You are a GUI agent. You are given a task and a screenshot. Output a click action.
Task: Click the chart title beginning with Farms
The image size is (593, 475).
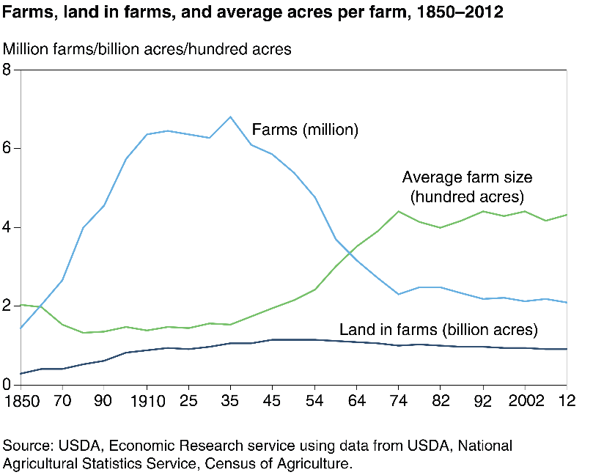(x=253, y=14)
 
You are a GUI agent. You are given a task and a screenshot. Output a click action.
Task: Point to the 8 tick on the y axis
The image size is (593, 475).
(x=7, y=70)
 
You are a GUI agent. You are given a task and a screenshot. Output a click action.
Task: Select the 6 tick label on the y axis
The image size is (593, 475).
(x=7, y=149)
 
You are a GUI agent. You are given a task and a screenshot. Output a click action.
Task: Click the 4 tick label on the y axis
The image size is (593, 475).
(x=7, y=227)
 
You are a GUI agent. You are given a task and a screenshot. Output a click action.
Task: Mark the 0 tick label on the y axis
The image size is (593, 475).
(x=7, y=384)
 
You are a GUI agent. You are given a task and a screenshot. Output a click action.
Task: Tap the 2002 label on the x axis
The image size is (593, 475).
(x=525, y=402)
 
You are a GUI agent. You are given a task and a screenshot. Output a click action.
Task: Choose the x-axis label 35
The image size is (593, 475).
(x=230, y=402)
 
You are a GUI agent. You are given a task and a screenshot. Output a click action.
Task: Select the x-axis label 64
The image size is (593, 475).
(x=356, y=402)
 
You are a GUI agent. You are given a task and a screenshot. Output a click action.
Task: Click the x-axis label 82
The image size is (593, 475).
(x=441, y=402)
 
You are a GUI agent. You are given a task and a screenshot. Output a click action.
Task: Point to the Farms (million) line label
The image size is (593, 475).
(x=305, y=130)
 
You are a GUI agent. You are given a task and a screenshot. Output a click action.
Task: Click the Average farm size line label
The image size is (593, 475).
(x=468, y=186)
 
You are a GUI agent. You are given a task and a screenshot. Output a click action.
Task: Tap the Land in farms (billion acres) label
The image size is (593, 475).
(x=438, y=328)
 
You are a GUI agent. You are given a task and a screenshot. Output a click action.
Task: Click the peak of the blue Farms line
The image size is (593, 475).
(x=230, y=117)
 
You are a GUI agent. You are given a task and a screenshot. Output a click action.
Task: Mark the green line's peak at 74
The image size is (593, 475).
(x=399, y=211)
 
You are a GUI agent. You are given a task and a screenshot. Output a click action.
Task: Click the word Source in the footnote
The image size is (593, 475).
(x=24, y=446)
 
